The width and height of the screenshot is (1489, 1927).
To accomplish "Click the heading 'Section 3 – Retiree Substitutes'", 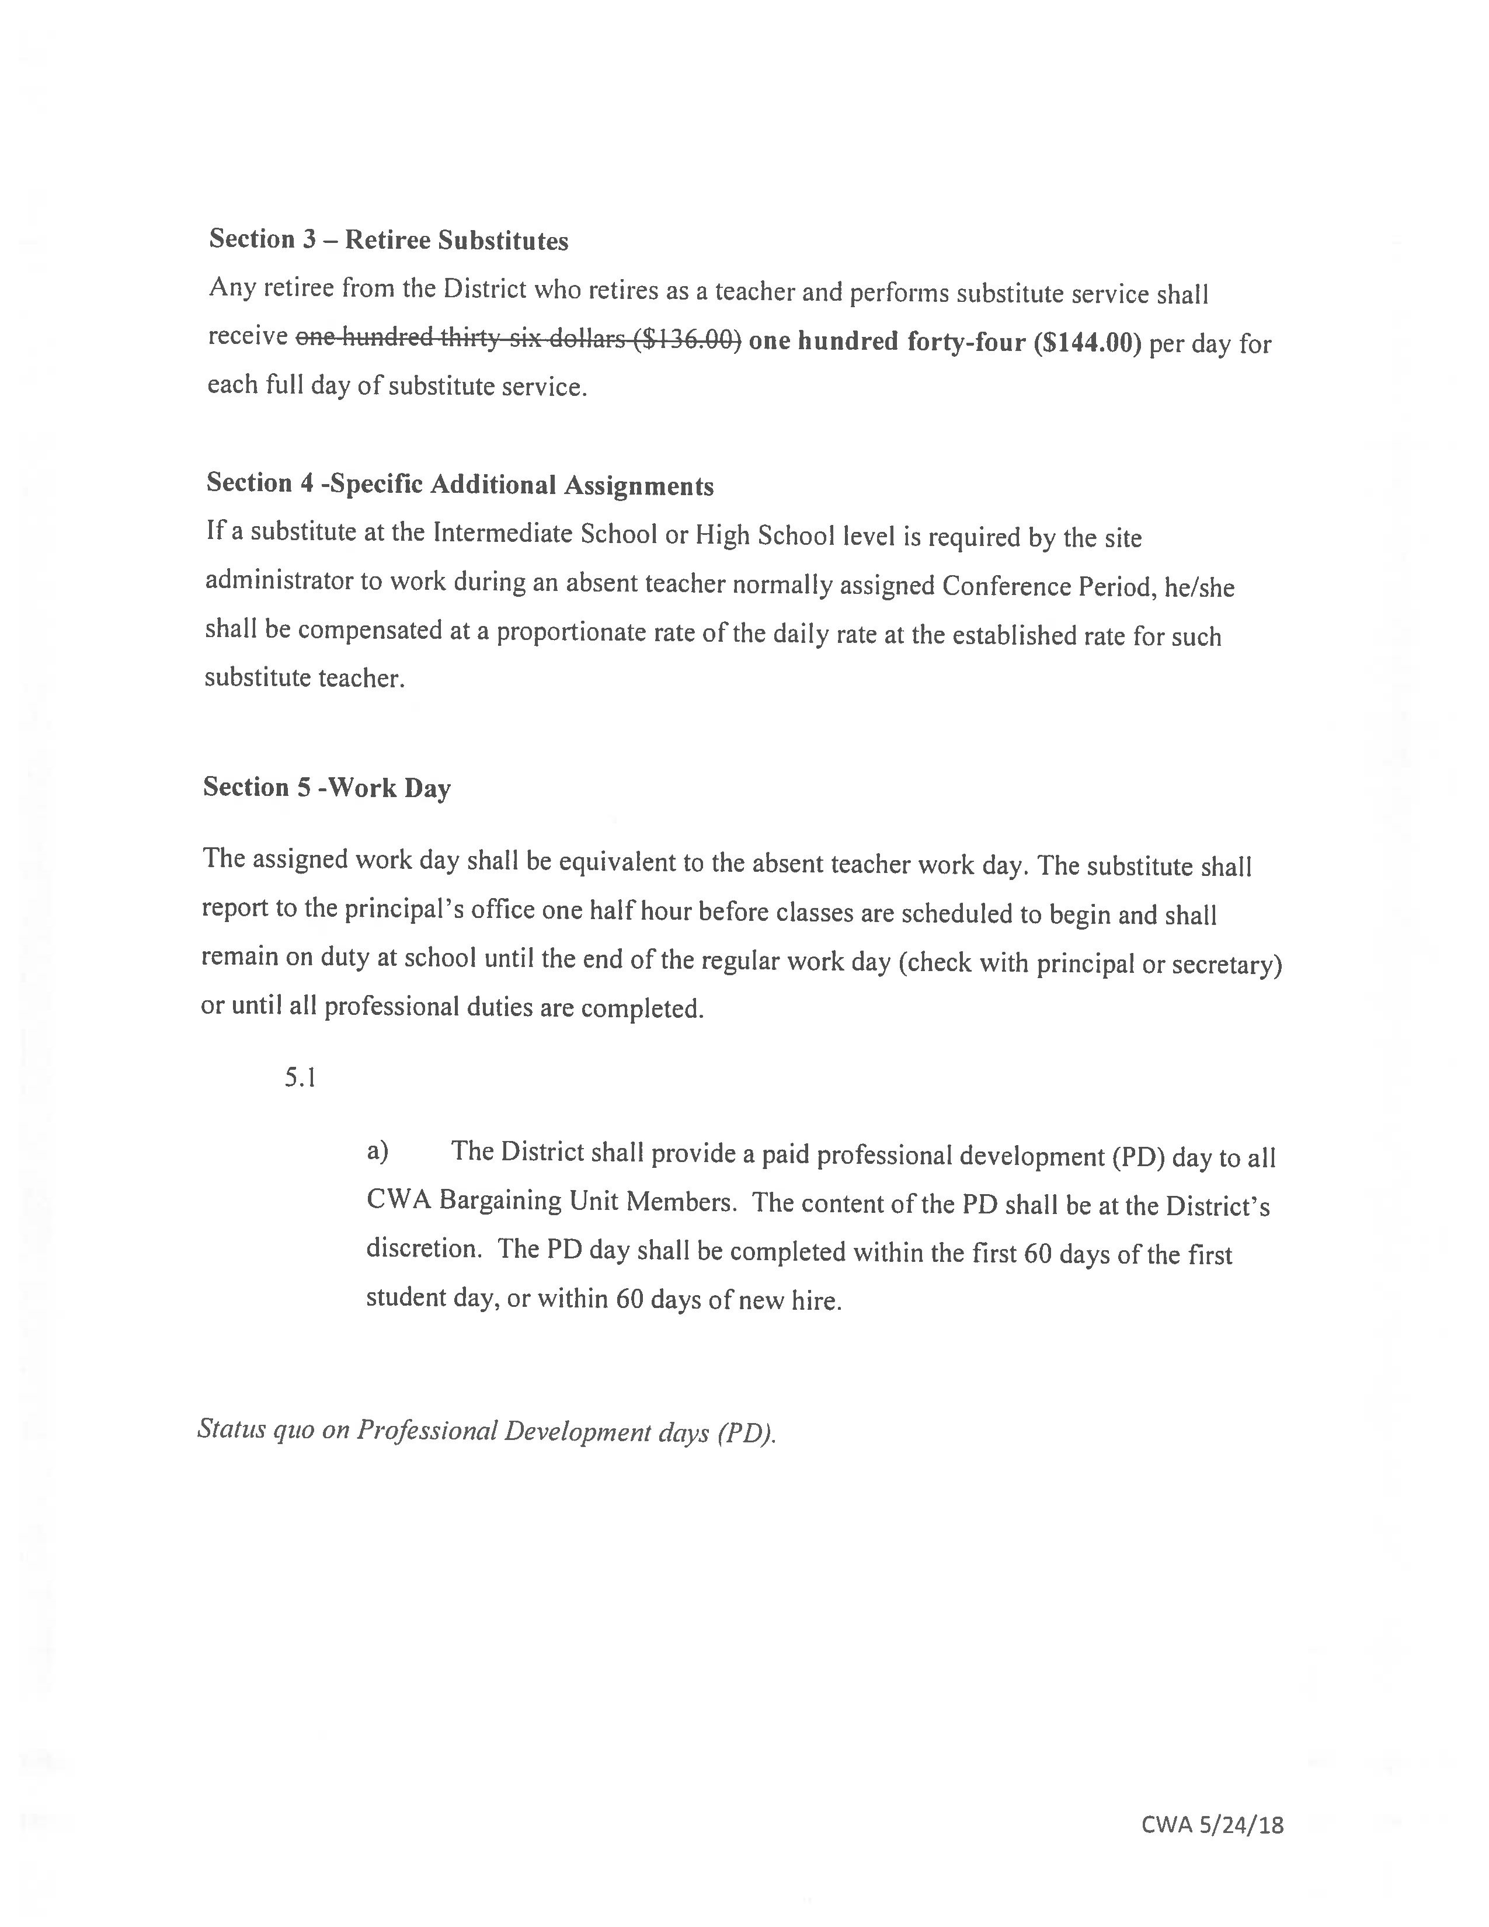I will click(x=388, y=240).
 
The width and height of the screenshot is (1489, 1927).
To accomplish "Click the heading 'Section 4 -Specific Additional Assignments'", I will click(x=460, y=485).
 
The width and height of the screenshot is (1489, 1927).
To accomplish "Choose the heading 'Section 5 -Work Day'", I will click(x=326, y=787).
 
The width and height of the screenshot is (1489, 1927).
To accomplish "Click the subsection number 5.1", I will click(x=300, y=1078).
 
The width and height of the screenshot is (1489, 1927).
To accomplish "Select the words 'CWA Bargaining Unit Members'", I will click(x=551, y=1201).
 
